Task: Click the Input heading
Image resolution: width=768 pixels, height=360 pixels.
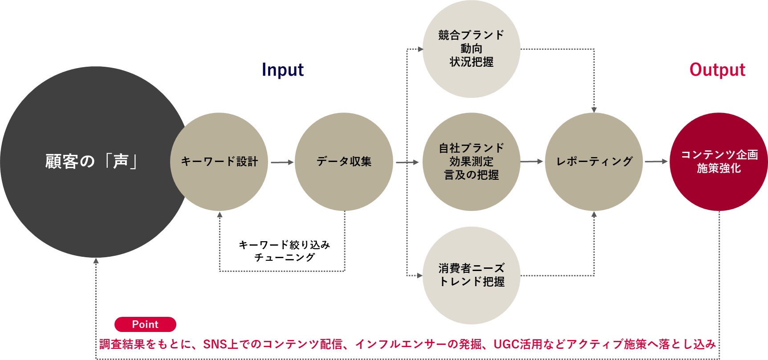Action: pyautogui.click(x=283, y=70)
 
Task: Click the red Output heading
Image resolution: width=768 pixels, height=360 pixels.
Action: pyautogui.click(x=717, y=70)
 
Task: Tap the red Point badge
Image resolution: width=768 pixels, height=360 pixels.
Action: pyautogui.click(x=145, y=324)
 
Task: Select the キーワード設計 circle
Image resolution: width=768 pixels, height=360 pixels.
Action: pyautogui.click(x=219, y=162)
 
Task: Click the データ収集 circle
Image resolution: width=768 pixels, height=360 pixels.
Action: pyautogui.click(x=344, y=162)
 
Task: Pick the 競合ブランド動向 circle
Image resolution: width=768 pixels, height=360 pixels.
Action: pyautogui.click(x=471, y=49)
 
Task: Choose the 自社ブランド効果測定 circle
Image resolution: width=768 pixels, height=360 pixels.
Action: pyautogui.click(x=471, y=162)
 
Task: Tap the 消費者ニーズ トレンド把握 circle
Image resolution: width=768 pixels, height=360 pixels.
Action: pyautogui.click(x=471, y=275)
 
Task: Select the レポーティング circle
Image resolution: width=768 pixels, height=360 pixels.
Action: pyautogui.click(x=594, y=162)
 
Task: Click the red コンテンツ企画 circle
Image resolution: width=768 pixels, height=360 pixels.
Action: pyautogui.click(x=719, y=162)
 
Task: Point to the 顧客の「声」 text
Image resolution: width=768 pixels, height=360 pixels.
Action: pyautogui.click(x=91, y=162)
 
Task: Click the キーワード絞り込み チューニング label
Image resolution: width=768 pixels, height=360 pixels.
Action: pyautogui.click(x=284, y=251)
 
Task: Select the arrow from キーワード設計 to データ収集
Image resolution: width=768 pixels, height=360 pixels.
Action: pyautogui.click(x=282, y=162)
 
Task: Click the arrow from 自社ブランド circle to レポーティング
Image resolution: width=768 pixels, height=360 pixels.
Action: pyautogui.click(x=532, y=162)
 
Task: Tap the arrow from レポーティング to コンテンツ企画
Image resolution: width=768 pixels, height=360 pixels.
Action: pyautogui.click(x=656, y=162)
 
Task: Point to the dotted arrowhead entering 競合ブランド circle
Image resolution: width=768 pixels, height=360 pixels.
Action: pyautogui.click(x=420, y=49)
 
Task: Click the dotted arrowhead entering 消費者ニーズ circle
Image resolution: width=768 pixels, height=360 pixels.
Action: pyautogui.click(x=420, y=275)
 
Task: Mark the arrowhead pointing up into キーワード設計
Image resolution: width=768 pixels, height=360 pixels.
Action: pyautogui.click(x=219, y=215)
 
